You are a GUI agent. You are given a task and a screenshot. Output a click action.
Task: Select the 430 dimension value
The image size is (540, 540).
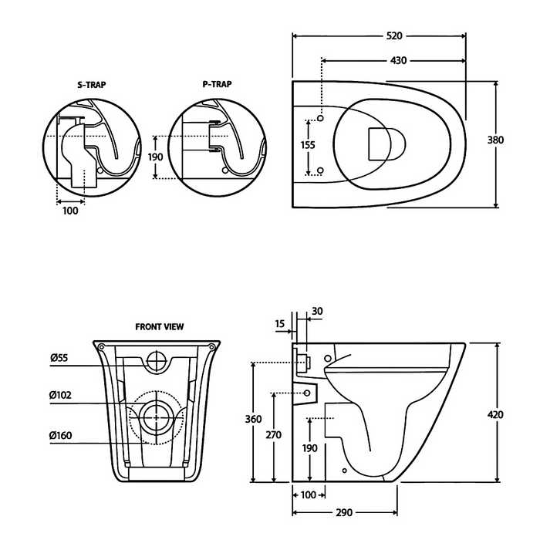pyautogui.click(x=398, y=60)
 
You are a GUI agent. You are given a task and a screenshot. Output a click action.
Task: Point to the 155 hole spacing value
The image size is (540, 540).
pyautogui.click(x=308, y=144)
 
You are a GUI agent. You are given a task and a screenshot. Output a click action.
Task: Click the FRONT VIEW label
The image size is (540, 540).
pyautogui.click(x=160, y=326)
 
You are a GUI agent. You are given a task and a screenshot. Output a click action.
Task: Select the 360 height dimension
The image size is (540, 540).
pyautogui.click(x=253, y=419)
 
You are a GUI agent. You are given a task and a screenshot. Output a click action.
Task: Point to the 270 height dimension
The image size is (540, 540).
pyautogui.click(x=274, y=435)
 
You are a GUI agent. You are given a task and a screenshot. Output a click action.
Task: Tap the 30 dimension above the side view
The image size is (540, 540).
pyautogui.click(x=316, y=312)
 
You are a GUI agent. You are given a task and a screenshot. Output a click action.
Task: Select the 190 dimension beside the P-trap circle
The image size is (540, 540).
pyautogui.click(x=156, y=157)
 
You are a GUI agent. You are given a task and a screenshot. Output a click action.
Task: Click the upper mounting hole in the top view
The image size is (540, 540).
pyautogui.click(x=320, y=120)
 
